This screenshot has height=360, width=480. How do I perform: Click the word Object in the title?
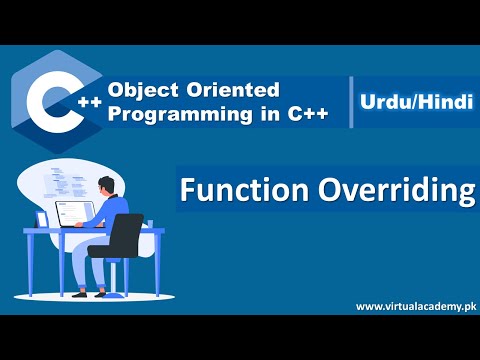tap(141, 91)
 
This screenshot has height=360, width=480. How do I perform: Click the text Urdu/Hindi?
tap(412, 101)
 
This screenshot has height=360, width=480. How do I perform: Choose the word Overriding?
tap(384, 190)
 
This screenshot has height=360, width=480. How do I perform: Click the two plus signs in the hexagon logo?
tap(87, 101)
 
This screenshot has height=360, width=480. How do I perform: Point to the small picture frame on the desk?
tap(41, 219)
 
